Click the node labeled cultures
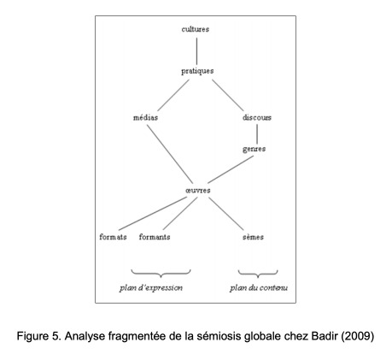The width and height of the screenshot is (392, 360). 196,29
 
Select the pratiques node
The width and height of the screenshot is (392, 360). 197,71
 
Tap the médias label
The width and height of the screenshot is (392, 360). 145,117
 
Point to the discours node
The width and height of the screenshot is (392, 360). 257,117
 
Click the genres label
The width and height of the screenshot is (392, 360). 255,149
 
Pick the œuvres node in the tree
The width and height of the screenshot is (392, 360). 198,191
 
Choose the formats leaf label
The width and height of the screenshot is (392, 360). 113,237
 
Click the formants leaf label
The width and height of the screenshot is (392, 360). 155,237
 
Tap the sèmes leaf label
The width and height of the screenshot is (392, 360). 253,237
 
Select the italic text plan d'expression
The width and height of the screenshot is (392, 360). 151,288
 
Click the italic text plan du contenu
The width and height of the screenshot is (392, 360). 259,288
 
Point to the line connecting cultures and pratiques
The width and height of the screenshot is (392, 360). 196,51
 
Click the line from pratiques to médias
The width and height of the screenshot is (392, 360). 173,95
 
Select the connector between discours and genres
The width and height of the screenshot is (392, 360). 257,134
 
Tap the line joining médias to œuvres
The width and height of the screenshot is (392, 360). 170,154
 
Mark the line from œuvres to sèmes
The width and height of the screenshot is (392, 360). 226,214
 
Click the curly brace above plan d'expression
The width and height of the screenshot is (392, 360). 161,274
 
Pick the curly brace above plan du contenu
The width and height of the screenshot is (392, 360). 258,274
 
